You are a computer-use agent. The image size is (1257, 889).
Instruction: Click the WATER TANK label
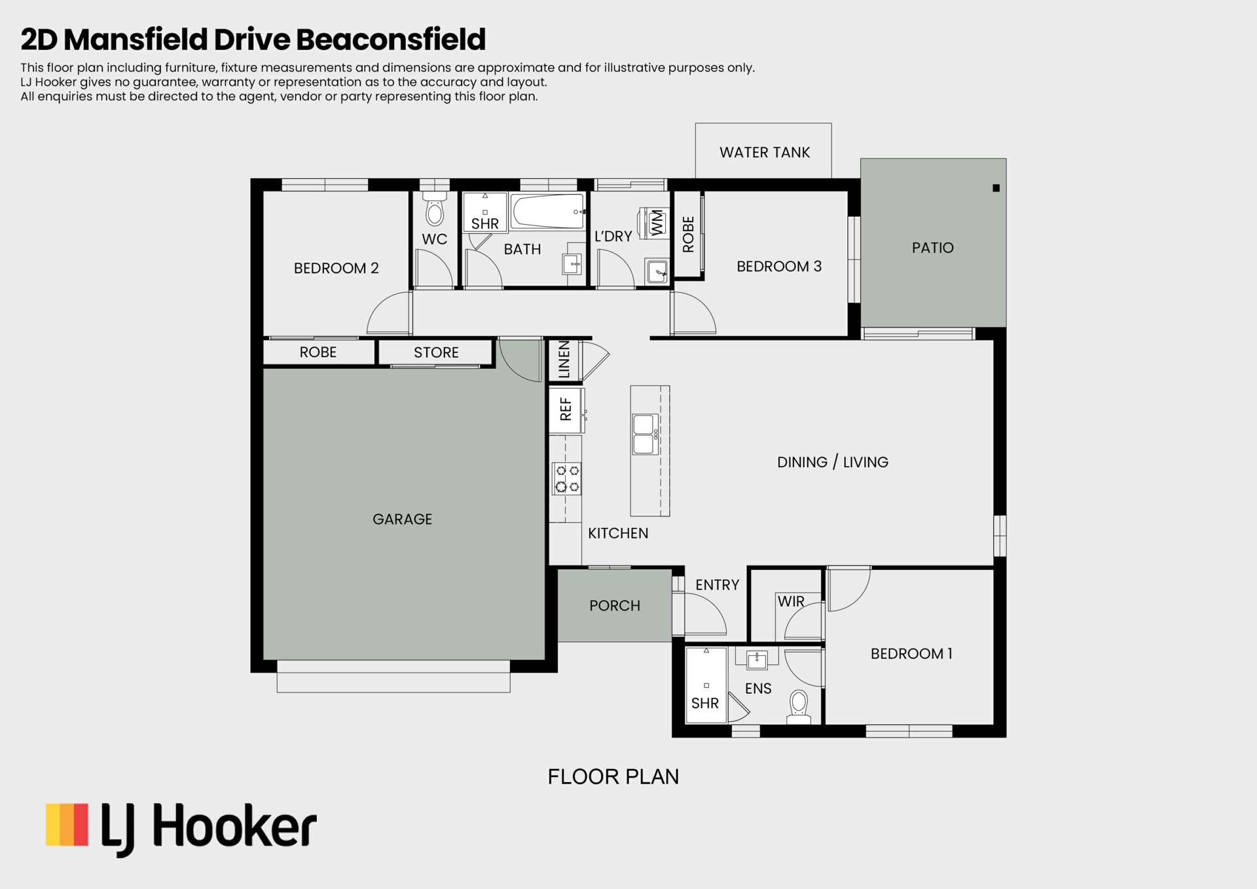pyautogui.click(x=764, y=153)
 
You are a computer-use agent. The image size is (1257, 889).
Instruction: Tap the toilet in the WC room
pyautogui.click(x=434, y=208)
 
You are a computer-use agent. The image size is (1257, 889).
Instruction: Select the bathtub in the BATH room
pyautogui.click(x=547, y=211)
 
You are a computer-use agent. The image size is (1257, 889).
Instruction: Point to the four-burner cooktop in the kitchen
pyautogui.click(x=567, y=479)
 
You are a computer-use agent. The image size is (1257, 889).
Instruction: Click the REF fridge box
pyautogui.click(x=566, y=410)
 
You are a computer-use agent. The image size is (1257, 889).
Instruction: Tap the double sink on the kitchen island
pyautogui.click(x=645, y=434)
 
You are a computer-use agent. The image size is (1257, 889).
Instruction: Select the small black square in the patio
pyautogui.click(x=996, y=188)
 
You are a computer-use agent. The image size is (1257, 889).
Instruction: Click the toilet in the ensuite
pyautogui.click(x=799, y=707)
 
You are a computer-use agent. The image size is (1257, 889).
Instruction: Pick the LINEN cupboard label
pyautogui.click(x=564, y=360)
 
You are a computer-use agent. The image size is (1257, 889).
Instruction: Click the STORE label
pyautogui.click(x=436, y=352)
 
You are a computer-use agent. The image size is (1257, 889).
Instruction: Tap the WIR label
pyautogui.click(x=791, y=601)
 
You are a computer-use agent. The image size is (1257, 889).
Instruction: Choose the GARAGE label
pyautogui.click(x=402, y=520)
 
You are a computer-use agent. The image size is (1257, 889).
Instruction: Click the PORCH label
pyautogui.click(x=615, y=606)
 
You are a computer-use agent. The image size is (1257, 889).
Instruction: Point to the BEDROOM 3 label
pyautogui.click(x=779, y=267)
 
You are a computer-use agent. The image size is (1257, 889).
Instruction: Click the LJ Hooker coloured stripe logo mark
pyautogui.click(x=67, y=825)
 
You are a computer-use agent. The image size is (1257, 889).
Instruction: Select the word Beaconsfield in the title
pyautogui.click(x=391, y=39)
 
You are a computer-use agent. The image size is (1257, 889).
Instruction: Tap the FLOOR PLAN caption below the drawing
pyautogui.click(x=613, y=777)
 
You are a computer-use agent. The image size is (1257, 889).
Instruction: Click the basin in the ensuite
pyautogui.click(x=757, y=660)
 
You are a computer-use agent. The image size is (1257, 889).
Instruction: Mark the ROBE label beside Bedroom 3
pyautogui.click(x=688, y=235)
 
